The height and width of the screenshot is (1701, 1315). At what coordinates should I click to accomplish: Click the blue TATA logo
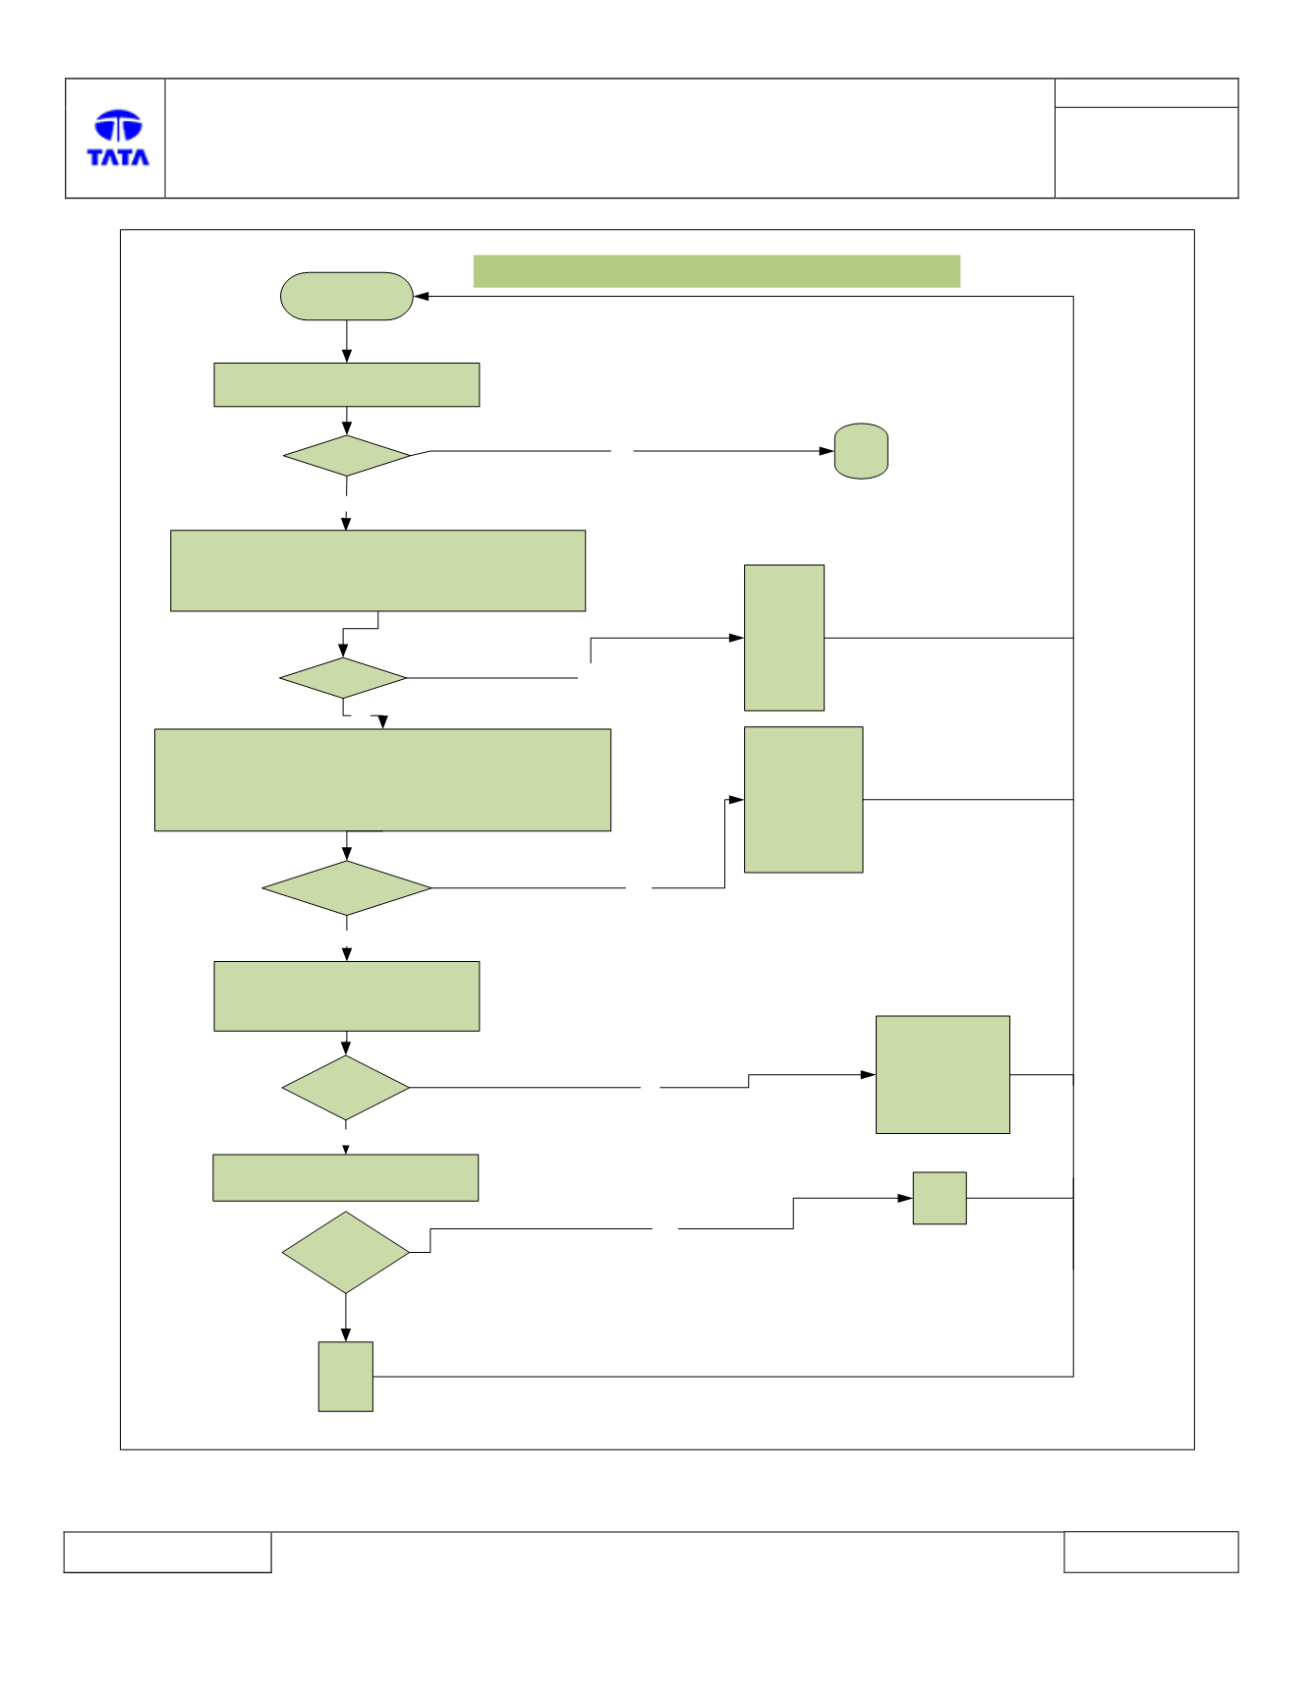point(118,138)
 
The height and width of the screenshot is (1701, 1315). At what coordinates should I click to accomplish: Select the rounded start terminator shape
point(347,296)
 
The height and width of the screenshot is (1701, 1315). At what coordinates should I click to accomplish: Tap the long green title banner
point(716,271)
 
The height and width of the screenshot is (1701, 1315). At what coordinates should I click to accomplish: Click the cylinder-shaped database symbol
point(861,451)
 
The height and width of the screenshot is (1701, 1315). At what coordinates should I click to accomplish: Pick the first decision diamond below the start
point(347,456)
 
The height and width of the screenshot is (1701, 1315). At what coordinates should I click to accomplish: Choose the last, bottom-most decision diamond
point(346,1252)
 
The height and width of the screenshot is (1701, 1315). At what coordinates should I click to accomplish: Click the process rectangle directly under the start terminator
point(347,384)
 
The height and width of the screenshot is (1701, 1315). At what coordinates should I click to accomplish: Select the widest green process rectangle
point(382,780)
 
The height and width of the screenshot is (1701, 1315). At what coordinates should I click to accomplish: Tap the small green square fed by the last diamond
point(940,1198)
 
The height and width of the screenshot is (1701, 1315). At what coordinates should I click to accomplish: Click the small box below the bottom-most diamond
point(346,1377)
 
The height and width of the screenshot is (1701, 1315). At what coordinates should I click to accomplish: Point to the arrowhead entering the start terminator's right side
point(421,296)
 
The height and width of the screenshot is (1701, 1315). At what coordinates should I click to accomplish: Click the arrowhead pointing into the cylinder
point(827,451)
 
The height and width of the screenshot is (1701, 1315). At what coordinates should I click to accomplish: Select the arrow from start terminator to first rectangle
point(347,341)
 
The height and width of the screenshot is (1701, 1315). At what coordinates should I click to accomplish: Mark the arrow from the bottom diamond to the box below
point(346,1318)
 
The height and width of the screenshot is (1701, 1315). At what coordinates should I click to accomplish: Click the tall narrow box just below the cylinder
point(784,638)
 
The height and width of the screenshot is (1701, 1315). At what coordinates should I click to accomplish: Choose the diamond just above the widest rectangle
point(343,678)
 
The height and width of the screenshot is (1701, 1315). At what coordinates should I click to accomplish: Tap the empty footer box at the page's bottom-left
point(167,1552)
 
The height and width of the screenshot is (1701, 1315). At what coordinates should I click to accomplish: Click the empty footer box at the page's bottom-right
point(1151,1552)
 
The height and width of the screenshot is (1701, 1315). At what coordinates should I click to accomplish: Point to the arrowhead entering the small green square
point(905,1198)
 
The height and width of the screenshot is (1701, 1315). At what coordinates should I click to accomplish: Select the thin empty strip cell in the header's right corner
point(1146,92)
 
